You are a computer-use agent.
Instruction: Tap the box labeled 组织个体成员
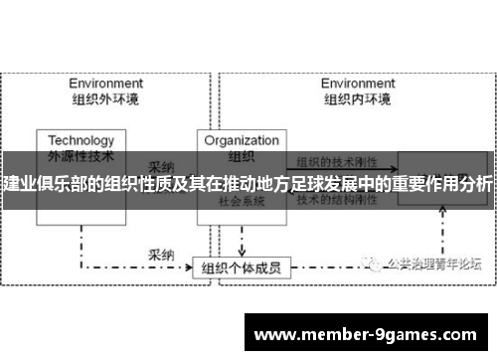point(240,240)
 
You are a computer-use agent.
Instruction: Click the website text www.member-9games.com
point(366,333)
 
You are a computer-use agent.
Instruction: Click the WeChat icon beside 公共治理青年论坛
point(375,236)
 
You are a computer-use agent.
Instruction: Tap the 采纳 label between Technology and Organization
point(162,166)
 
